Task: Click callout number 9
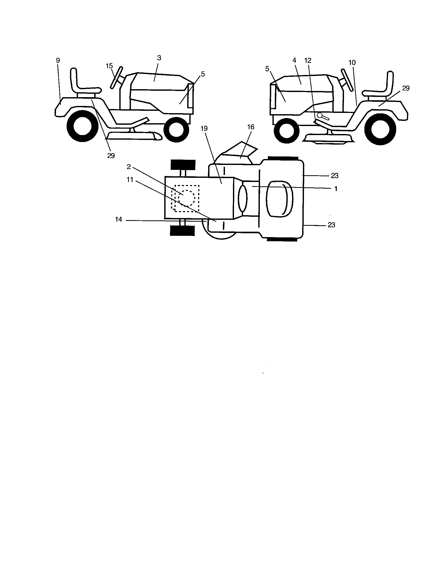point(58,61)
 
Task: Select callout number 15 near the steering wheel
point(109,66)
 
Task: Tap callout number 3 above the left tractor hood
point(159,58)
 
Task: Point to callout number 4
point(294,60)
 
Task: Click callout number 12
point(308,60)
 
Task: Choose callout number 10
point(352,63)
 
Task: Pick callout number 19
point(204,129)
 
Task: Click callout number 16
point(251,127)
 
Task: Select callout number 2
point(129,167)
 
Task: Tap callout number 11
point(130,180)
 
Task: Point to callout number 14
point(119,220)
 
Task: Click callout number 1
point(335,189)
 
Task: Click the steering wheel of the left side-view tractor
point(116,78)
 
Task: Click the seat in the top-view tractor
point(280,199)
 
